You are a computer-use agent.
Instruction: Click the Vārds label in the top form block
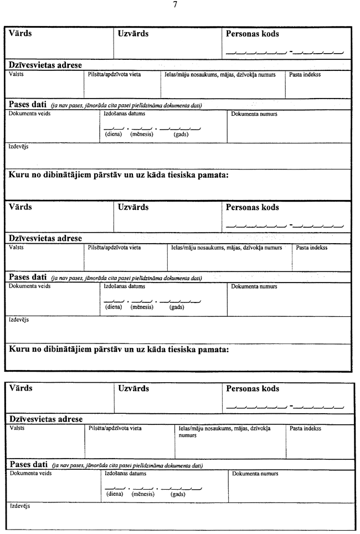click(x=20, y=33)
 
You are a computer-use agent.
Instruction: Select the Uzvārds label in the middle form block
click(x=133, y=207)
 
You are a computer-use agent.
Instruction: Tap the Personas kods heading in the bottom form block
click(x=253, y=389)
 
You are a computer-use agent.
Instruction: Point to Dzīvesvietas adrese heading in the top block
click(x=45, y=65)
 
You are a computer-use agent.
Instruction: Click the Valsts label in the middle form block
click(x=16, y=248)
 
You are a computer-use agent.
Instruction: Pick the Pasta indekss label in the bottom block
click(x=305, y=428)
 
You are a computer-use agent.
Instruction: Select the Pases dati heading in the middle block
click(x=27, y=277)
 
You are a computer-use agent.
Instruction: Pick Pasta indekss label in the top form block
click(x=305, y=74)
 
